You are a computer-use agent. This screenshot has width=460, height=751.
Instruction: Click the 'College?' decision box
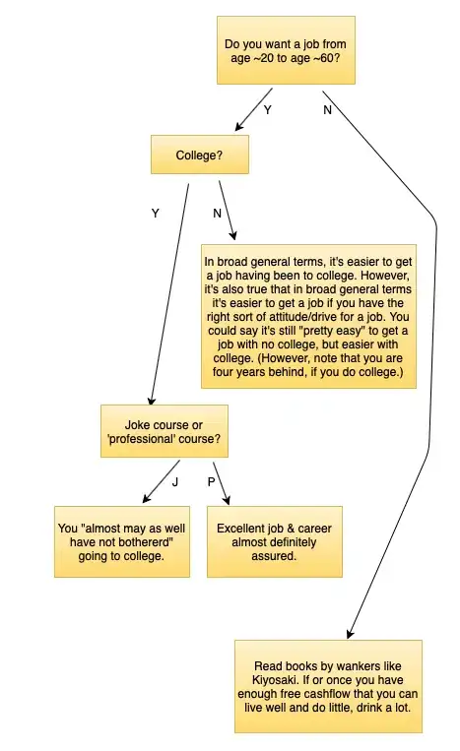[x=200, y=155]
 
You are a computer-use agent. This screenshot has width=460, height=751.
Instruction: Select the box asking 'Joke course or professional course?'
[x=164, y=431]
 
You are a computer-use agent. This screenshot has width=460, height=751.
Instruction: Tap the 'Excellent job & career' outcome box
[x=275, y=541]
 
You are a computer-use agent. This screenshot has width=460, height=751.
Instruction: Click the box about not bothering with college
[x=122, y=541]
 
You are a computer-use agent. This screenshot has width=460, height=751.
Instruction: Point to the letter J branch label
[x=175, y=482]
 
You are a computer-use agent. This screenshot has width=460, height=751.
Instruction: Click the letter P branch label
[x=212, y=482]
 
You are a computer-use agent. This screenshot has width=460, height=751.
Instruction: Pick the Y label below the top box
[x=268, y=110]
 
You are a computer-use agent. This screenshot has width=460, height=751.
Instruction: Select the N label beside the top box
[x=327, y=110]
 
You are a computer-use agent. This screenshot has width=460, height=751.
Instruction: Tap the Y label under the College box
[x=156, y=214]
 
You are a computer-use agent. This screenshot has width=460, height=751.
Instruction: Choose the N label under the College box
[x=217, y=214]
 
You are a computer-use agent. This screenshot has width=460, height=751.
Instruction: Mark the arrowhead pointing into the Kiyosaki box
[x=351, y=633]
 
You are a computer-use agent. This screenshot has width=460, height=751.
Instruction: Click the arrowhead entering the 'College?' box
[x=239, y=126]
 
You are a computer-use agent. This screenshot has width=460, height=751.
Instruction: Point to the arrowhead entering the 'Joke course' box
[x=152, y=400]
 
